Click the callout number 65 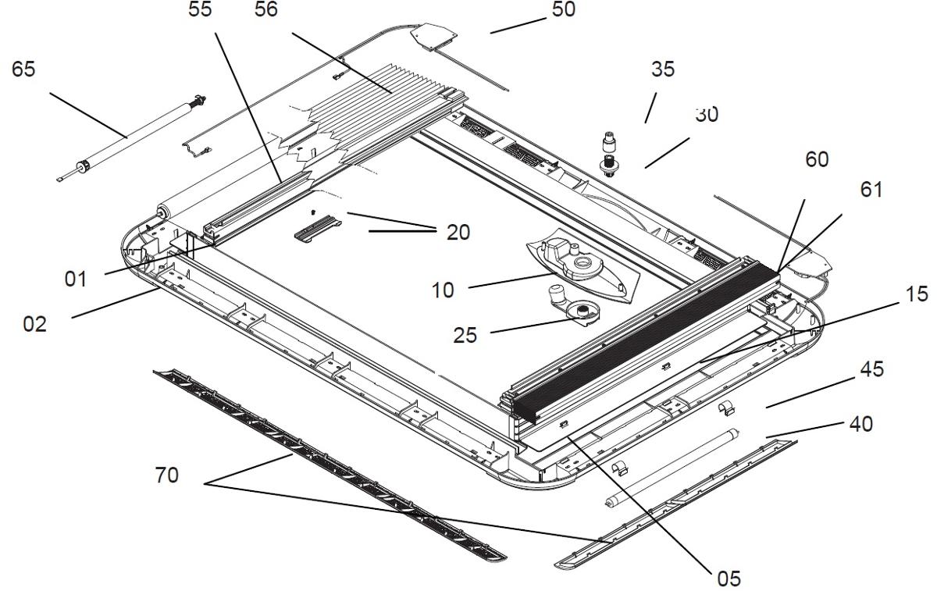pos(23,69)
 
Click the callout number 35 pos(663,69)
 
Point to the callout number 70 pos(166,474)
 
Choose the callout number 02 pos(34,323)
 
